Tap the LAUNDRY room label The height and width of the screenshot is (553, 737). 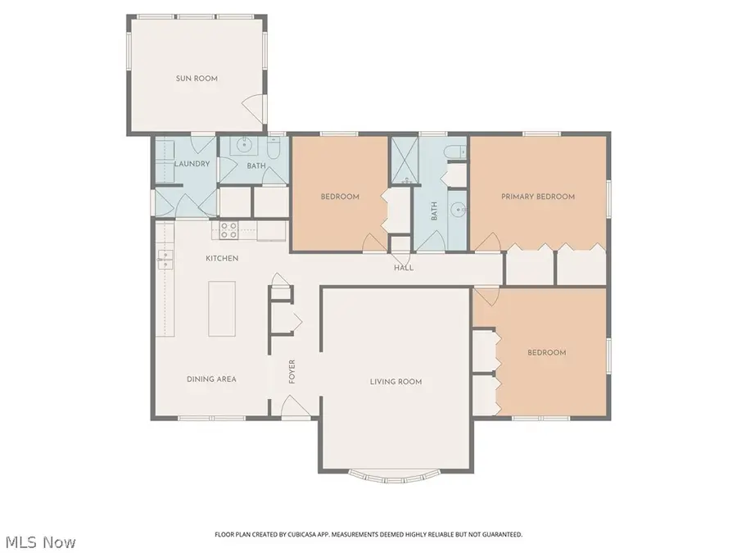pos(192,164)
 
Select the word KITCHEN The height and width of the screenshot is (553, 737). pos(222,259)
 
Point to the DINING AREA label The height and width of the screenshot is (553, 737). pos(211,379)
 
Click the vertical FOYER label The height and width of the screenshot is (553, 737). pos(292,371)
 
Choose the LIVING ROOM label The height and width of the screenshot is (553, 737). pos(396,382)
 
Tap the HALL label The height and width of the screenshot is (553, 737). pos(404,268)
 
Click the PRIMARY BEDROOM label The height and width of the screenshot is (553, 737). pos(538,197)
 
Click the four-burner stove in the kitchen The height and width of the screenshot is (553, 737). pos(228,230)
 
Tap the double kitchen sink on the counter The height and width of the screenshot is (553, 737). pos(165,260)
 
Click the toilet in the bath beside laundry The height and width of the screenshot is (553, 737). pos(276,147)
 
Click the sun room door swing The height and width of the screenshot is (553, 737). pos(255,105)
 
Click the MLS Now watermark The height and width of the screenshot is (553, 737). pos(41,542)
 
